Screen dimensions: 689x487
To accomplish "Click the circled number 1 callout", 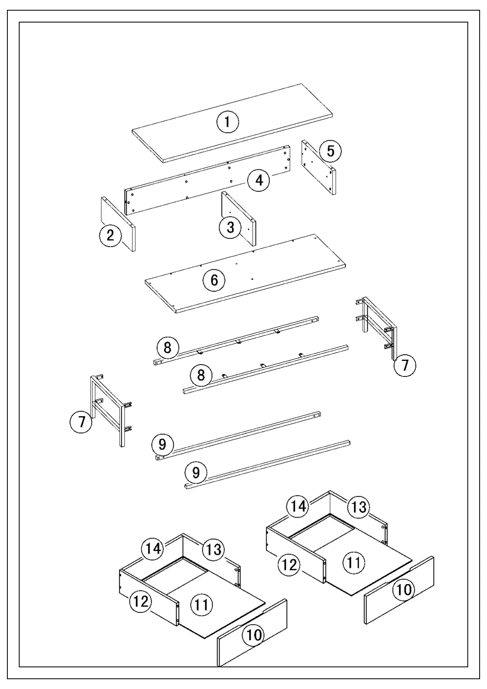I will point(228,122).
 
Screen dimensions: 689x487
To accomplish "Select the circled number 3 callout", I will point(231,227).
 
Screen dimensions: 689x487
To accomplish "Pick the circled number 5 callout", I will point(330,151).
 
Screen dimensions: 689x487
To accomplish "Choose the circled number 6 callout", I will point(214,280).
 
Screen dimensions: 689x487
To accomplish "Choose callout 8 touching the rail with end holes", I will point(167,348).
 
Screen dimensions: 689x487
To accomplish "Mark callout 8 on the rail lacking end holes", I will point(201,375).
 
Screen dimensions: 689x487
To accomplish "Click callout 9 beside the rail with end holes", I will point(162,444).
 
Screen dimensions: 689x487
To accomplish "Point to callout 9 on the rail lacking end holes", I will point(196,473).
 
